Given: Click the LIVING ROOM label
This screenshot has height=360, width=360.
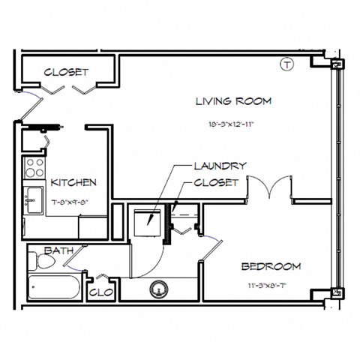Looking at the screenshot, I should pos(232,100).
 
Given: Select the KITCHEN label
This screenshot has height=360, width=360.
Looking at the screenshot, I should pos(73,182).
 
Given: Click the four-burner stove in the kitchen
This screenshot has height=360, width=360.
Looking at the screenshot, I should pos(34,166).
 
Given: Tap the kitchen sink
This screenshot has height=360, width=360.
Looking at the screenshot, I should pos(32,199).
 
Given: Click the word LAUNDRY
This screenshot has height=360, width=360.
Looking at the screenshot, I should pos(220,166).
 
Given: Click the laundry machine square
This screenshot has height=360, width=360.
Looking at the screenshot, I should pos(147,219).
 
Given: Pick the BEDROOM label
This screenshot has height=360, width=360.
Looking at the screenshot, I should pos(271,266).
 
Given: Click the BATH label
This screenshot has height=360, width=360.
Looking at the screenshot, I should pos(58,250).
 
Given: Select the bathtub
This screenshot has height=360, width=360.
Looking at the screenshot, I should pos(54,288).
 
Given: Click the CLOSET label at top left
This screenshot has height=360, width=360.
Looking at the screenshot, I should pos(66,73).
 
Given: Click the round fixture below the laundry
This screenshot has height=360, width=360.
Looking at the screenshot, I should pos(159,287).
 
